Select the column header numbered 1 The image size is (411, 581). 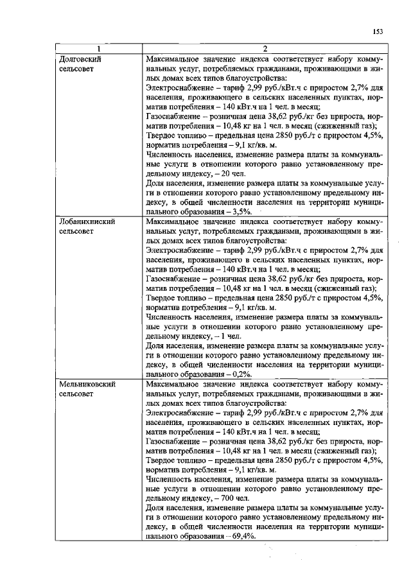click(x=98, y=49)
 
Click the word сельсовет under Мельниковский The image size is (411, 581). click(x=76, y=393)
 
